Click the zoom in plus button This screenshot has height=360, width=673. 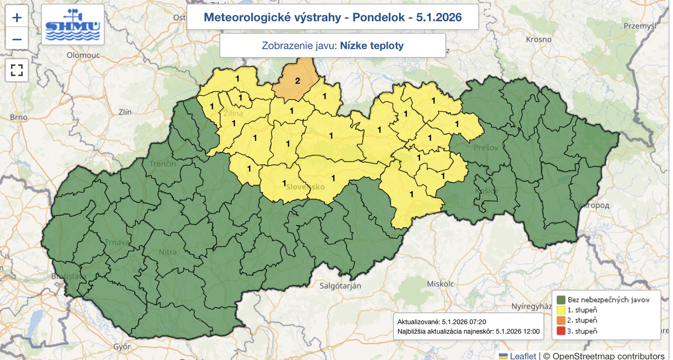(x=17, y=18)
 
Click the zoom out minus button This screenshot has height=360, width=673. (x=17, y=40)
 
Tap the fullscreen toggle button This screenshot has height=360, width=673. (x=17, y=70)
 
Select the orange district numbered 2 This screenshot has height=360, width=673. (x=297, y=81)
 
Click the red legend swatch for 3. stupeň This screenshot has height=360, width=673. (x=561, y=331)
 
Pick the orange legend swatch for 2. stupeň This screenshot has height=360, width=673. (x=561, y=320)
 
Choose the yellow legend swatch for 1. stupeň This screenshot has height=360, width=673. (x=561, y=310)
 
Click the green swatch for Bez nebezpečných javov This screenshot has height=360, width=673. (x=561, y=300)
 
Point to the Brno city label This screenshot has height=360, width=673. (x=19, y=117)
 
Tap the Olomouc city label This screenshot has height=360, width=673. (x=83, y=55)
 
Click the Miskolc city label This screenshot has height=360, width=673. (x=440, y=284)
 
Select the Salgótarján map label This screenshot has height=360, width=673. (x=340, y=286)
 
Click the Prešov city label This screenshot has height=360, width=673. (x=485, y=148)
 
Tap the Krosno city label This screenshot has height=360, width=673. (x=538, y=40)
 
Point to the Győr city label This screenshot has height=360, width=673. (x=122, y=347)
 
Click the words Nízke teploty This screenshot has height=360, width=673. (x=372, y=45)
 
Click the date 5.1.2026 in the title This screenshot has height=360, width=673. (x=439, y=17)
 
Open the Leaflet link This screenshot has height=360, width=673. (x=523, y=356)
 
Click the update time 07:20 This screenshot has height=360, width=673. (x=478, y=322)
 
